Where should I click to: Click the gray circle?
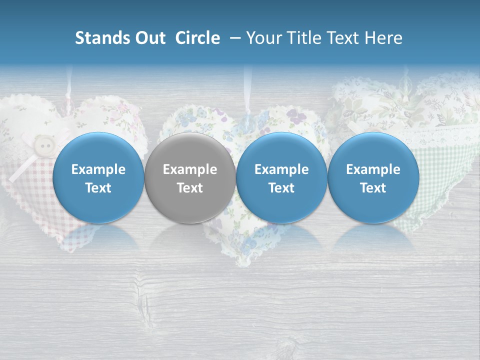coord(190,177)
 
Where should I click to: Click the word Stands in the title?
coord(103,38)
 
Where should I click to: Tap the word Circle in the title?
coord(197,38)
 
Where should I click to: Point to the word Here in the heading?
coord(383,38)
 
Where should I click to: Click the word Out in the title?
coord(150,38)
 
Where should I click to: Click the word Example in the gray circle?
coord(190,169)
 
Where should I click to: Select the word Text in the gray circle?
coord(190,188)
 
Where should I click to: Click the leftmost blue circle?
coord(98,177)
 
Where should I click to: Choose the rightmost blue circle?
coord(373,177)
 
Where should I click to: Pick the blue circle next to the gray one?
coord(281,177)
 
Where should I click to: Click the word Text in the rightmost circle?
coord(373,188)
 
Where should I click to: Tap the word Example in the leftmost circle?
coord(98,169)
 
